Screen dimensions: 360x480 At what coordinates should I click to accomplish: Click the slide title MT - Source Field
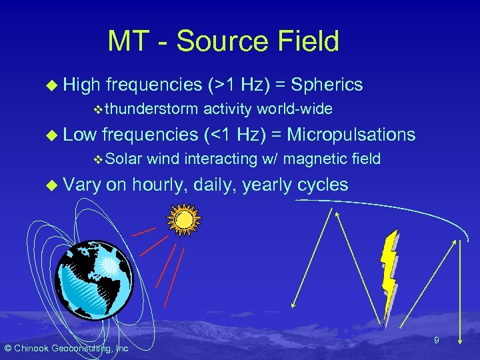(223, 41)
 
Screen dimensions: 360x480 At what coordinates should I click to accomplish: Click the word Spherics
(327, 85)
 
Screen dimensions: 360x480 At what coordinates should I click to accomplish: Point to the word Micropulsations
(351, 135)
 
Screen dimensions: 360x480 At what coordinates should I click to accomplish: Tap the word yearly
(267, 185)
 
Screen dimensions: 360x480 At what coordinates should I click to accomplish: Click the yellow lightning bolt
(389, 270)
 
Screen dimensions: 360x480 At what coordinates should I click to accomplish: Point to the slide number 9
(436, 341)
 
